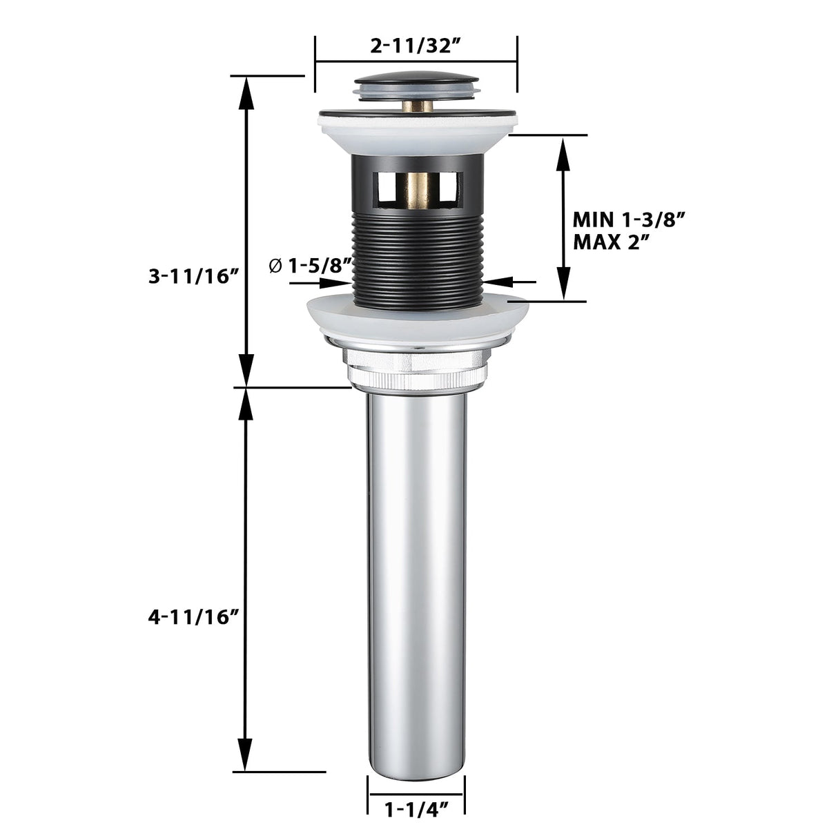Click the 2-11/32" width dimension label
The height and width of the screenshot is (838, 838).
[x=416, y=46]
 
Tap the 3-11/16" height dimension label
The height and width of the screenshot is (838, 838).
[x=195, y=276]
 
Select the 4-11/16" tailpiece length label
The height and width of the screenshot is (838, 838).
[x=194, y=617]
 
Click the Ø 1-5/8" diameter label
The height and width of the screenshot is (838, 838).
[x=311, y=265]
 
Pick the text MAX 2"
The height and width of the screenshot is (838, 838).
[x=607, y=242]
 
